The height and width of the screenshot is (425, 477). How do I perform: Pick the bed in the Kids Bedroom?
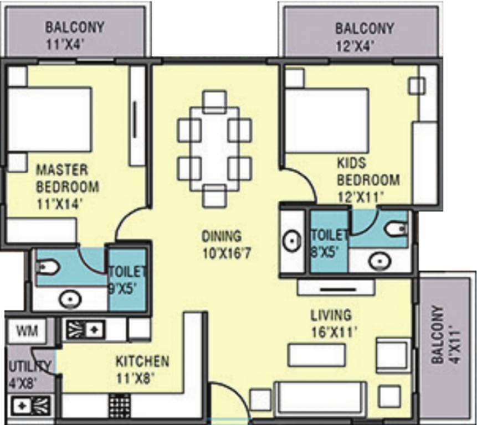(x=327, y=120)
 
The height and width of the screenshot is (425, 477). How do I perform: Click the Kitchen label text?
(x=142, y=362)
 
